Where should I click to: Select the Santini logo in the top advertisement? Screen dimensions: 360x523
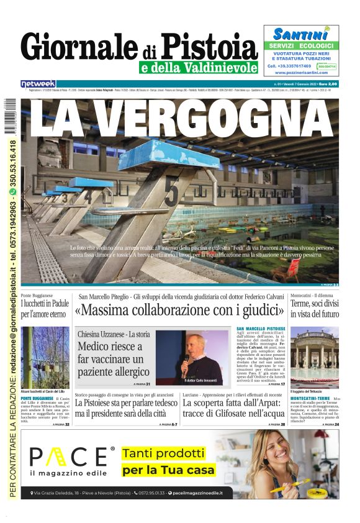coord(300,34)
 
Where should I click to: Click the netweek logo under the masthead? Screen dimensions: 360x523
coord(38,83)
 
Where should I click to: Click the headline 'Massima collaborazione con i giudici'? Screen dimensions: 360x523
coord(180,309)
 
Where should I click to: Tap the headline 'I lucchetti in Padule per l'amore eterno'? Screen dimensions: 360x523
coord(45,309)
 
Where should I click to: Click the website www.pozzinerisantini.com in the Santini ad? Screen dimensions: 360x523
coord(302,73)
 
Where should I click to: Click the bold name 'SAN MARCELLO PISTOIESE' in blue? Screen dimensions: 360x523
coord(261,328)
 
